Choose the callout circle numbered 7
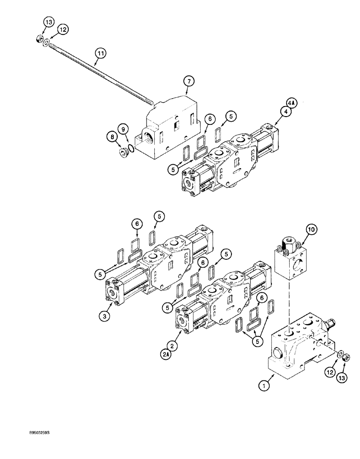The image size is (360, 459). (x=188, y=81)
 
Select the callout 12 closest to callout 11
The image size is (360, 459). (x=63, y=29)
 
